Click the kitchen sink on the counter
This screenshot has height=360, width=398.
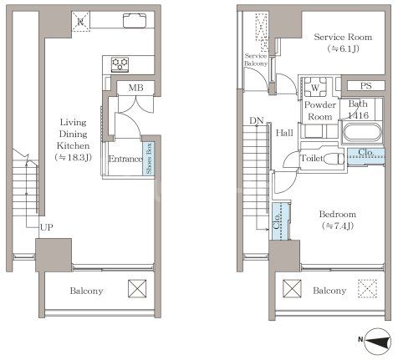pyautogui.click(x=135, y=21)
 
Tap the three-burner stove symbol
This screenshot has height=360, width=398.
pyautogui.click(x=120, y=64)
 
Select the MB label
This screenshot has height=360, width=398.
pyautogui.click(x=135, y=88)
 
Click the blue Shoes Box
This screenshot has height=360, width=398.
pyautogui.click(x=149, y=159)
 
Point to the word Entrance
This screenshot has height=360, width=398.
pyautogui.click(x=125, y=159)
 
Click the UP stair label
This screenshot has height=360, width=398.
pyautogui.click(x=46, y=227)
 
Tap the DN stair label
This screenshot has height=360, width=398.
pyautogui.click(x=257, y=121)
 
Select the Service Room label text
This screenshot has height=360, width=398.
pyautogui.click(x=343, y=37)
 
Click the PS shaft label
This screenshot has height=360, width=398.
pyautogui.click(x=365, y=86)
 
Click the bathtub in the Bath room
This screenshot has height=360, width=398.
pyautogui.click(x=362, y=133)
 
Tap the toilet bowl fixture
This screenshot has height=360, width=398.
pyautogui.click(x=334, y=159)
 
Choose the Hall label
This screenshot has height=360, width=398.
pyautogui.click(x=284, y=133)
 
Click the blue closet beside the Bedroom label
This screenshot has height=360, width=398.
pyautogui.click(x=281, y=221)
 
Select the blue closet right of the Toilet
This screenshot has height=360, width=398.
pyautogui.click(x=366, y=156)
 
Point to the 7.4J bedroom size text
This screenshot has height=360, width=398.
pyautogui.click(x=338, y=226)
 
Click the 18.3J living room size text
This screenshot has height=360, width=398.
pyautogui.click(x=74, y=158)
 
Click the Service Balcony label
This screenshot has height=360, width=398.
pyautogui.click(x=256, y=59)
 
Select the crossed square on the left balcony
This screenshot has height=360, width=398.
pyautogui.click(x=137, y=288)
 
